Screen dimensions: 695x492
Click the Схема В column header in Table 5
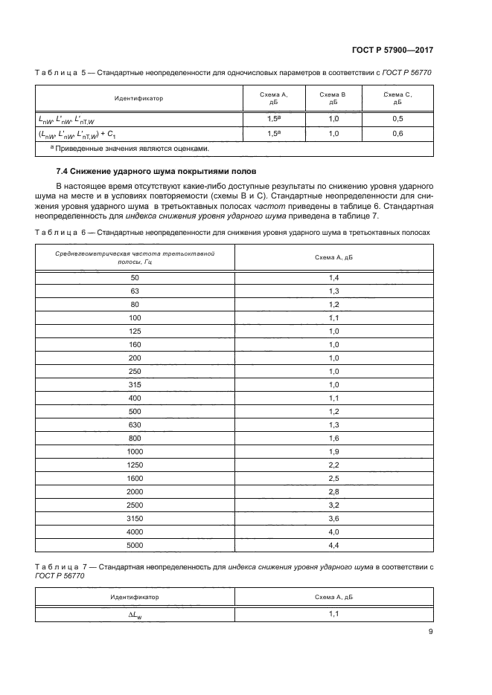[x=333, y=98]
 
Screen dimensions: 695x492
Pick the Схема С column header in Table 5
[x=397, y=98]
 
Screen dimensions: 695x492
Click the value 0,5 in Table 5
[x=397, y=119]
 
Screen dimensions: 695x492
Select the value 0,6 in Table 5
[x=397, y=134]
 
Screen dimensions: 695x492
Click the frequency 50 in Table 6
[x=135, y=277]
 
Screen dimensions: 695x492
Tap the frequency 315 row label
[x=135, y=384]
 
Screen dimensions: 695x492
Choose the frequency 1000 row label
[x=135, y=451]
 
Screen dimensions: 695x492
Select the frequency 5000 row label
[x=135, y=546]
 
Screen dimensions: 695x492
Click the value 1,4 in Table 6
[x=333, y=277]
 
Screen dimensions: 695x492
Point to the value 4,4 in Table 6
[x=333, y=546]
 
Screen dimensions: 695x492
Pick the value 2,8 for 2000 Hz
[x=333, y=492]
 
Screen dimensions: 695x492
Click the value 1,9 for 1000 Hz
[x=333, y=451]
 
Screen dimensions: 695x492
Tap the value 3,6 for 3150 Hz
[x=333, y=519]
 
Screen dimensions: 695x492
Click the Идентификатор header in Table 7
[x=135, y=596]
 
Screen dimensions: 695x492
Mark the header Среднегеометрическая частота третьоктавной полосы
[x=135, y=257]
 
